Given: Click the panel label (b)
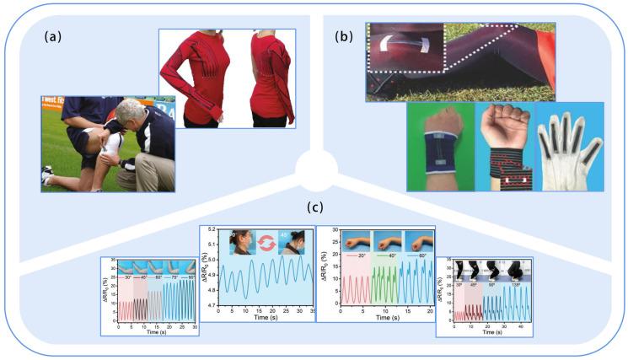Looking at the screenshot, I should click(x=344, y=36).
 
